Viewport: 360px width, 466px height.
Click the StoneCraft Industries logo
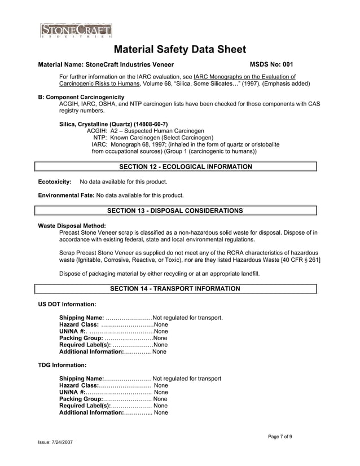click(76, 30)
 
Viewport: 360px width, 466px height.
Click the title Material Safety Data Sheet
click(180, 50)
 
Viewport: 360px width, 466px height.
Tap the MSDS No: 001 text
click(271, 64)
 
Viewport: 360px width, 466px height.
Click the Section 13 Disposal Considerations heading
click(175, 210)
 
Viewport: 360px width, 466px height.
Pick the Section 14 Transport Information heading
click(175, 288)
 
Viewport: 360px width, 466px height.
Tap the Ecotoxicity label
click(54, 182)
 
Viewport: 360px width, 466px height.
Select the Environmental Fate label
click(66, 195)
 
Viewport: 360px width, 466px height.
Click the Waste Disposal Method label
click(72, 226)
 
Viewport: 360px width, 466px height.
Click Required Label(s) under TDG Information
click(85, 406)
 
